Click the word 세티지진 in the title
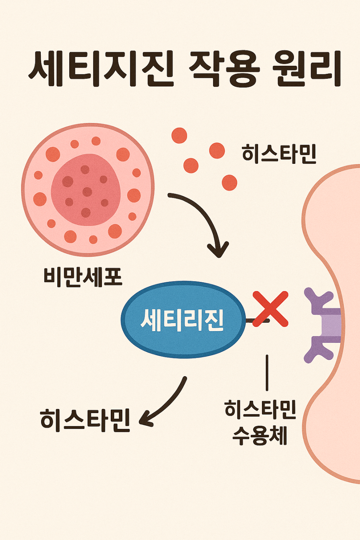tap(102, 69)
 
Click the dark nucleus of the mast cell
tap(86, 190)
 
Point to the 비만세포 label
tap(83, 277)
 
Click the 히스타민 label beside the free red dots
tap(279, 153)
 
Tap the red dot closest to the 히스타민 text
tap(217, 150)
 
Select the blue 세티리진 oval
tap(183, 320)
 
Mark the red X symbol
tap(270, 309)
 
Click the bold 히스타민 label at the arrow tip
tap(85, 420)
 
